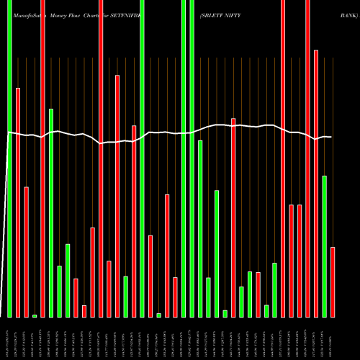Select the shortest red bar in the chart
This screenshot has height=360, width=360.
click(x=84, y=311)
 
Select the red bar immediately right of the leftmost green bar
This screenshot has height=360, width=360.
click(x=18, y=202)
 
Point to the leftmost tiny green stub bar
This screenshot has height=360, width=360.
click(x=35, y=315)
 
